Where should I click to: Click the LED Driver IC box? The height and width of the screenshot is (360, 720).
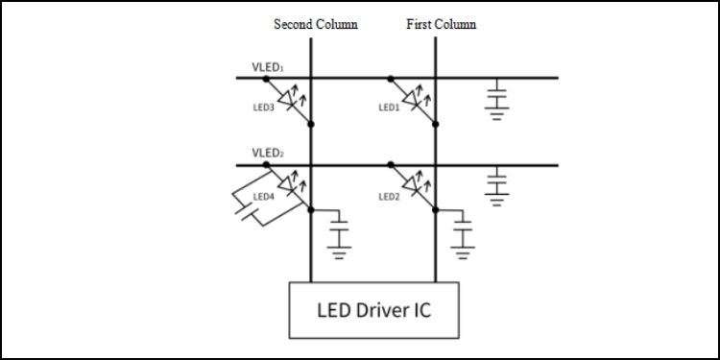pos(373,310)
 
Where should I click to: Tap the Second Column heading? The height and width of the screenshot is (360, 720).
pos(315,24)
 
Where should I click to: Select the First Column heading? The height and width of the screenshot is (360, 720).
pos(441,24)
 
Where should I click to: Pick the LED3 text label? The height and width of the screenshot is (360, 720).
pos(263,108)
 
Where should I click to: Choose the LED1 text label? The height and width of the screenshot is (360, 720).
pos(388,108)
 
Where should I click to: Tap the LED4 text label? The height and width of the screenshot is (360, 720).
pos(263,197)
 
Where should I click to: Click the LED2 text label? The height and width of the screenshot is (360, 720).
pos(388,197)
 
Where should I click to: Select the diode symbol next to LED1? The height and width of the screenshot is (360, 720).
pos(415,99)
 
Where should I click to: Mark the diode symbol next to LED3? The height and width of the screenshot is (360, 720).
pos(289,99)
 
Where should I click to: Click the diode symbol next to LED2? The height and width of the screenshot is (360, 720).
pos(415,183)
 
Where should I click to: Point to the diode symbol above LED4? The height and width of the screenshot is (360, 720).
pos(289,183)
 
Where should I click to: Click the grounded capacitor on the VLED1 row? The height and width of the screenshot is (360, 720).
pos(496,99)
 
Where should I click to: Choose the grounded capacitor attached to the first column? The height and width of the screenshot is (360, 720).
pos(464,235)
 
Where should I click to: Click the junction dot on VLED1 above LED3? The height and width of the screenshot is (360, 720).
pos(265,78)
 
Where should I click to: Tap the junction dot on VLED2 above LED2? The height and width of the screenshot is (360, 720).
pos(390,164)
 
